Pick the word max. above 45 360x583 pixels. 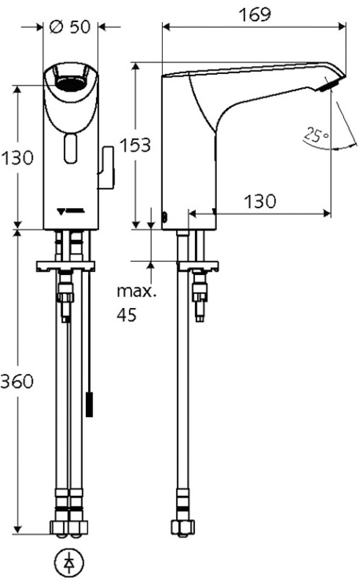[136, 292]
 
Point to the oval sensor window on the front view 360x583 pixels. [70, 150]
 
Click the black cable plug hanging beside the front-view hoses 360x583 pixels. [91, 404]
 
